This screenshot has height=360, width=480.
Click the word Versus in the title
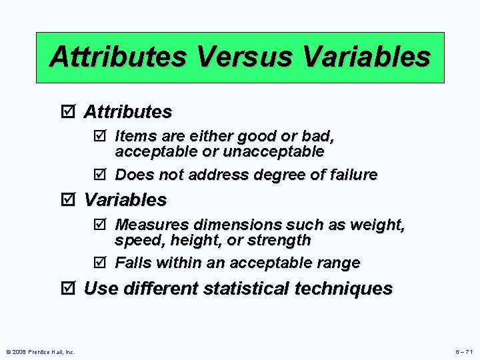click(244, 57)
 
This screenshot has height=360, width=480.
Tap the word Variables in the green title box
click(366, 57)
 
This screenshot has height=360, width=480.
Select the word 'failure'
click(352, 175)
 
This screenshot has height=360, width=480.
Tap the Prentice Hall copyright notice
click(40, 352)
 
